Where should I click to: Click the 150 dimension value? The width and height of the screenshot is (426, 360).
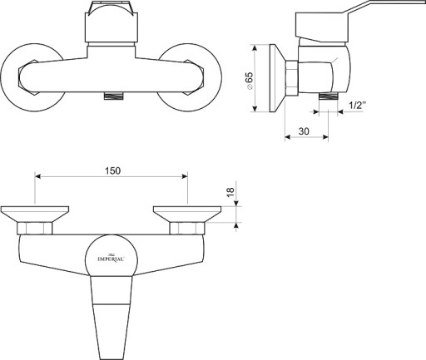tap(113, 170)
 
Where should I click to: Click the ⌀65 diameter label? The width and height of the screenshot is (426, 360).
tap(249, 81)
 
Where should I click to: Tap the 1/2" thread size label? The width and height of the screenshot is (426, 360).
tap(357, 106)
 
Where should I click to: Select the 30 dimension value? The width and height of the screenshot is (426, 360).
tap(304, 131)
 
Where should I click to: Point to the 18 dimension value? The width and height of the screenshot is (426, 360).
tap(230, 192)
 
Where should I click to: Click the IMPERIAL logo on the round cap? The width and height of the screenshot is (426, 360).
tap(111, 259)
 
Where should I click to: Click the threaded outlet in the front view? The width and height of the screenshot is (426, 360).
tap(113, 96)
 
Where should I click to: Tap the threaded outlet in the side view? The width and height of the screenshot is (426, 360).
tap(329, 96)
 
